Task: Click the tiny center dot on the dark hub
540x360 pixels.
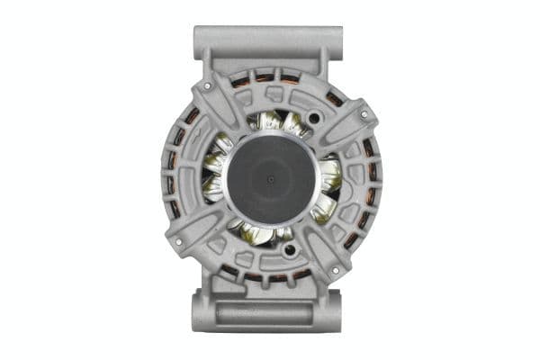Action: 271,178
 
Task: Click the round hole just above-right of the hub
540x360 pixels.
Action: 315,118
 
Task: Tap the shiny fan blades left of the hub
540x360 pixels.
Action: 214,175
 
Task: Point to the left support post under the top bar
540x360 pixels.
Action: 215,63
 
